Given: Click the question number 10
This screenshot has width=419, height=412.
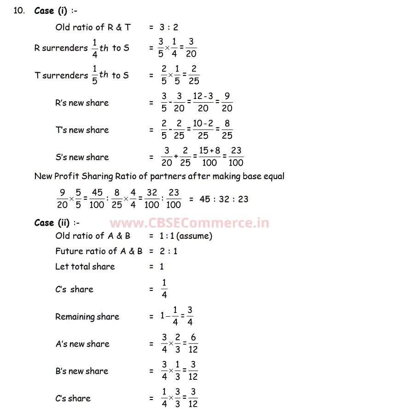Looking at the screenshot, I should (19, 11).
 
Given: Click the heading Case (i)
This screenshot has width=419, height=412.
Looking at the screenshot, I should (52, 11).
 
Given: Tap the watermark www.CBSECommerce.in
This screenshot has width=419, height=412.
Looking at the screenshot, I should (189, 223).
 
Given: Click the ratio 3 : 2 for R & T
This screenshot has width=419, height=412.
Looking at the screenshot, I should (169, 27).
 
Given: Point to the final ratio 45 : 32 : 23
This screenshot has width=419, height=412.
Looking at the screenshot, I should (224, 199).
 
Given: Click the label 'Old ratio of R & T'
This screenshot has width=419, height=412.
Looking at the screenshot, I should (93, 27).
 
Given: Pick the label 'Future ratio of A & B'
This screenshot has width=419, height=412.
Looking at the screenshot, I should (99, 251).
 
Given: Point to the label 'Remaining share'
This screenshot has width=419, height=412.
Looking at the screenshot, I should (87, 317).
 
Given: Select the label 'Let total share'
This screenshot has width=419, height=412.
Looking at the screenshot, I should (85, 267).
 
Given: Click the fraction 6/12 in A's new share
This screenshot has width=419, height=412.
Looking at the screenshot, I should (193, 344).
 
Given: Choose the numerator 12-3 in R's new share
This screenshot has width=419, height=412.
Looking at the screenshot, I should (203, 97).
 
